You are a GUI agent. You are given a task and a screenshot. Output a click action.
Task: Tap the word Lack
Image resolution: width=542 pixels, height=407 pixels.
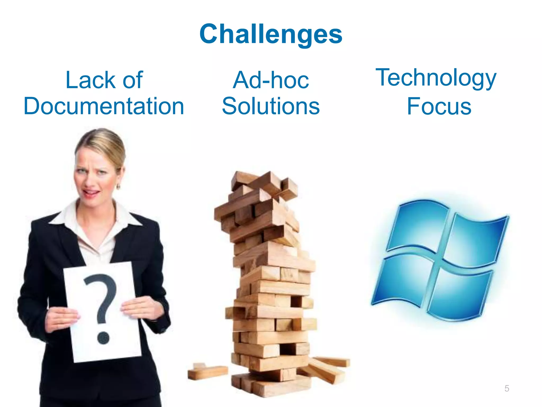pyautogui.click(x=91, y=80)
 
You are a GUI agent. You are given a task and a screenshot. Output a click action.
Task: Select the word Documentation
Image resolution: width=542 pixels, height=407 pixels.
pyautogui.click(x=104, y=106)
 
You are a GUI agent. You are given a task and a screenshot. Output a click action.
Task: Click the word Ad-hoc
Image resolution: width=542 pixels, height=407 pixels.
pyautogui.click(x=271, y=80)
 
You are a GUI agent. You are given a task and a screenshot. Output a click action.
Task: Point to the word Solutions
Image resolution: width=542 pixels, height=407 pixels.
pyautogui.click(x=271, y=106)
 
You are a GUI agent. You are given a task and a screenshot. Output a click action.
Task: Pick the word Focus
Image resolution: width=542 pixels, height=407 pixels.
pyautogui.click(x=439, y=107)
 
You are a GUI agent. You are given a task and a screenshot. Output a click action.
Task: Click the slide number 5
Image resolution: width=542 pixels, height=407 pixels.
pyautogui.click(x=507, y=388)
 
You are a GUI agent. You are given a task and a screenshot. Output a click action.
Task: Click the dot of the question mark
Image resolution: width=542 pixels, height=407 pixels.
pyautogui.click(x=103, y=338)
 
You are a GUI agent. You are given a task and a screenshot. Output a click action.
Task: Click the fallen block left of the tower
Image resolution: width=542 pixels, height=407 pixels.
pyautogui.click(x=208, y=371)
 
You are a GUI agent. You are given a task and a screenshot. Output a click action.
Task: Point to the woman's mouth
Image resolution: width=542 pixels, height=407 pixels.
pyautogui.click(x=91, y=193)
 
